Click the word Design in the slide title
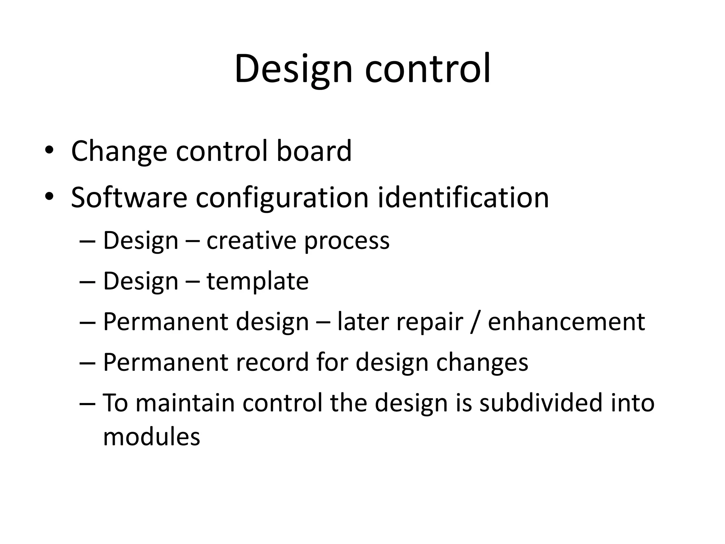[x=293, y=69]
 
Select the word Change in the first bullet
[x=119, y=152]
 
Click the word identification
[x=463, y=197]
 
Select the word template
[x=257, y=282]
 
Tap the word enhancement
[x=566, y=322]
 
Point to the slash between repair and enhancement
[x=475, y=323]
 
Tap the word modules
[x=152, y=436]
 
